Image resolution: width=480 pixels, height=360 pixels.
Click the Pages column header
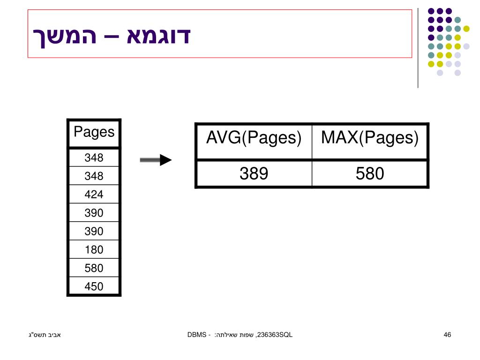pos(94,132)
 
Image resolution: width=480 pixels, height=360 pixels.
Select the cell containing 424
pos(94,194)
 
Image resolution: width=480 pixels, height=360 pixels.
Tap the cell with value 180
pos(94,249)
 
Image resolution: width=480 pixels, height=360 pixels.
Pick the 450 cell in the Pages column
pos(94,286)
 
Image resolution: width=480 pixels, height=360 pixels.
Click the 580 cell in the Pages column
pos(94,268)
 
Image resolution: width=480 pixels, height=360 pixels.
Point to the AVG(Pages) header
pos(254,138)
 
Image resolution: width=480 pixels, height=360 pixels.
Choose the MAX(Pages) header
pos(369,138)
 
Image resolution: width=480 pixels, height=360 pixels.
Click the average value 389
pos(254,174)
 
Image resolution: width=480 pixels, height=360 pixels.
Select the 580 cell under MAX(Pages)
pos(369,174)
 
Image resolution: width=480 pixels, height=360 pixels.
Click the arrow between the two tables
pos(156,160)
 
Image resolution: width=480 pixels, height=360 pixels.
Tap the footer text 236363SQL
pos(275,334)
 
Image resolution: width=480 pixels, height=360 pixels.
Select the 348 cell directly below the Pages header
pos(94,157)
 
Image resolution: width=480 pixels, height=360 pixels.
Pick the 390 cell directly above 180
pos(94,231)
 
